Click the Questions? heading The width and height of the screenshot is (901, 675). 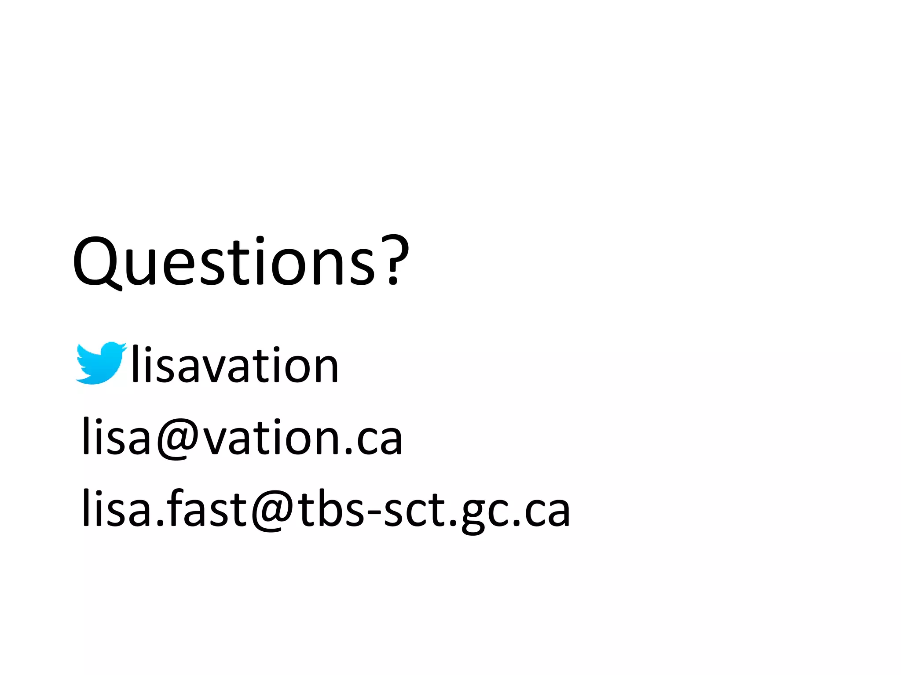[241, 262]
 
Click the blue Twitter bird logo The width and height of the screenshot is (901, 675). [100, 363]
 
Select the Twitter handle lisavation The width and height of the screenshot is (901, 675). [235, 365]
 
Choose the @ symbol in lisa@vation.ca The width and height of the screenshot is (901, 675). [178, 438]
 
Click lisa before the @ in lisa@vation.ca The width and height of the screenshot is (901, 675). [116, 437]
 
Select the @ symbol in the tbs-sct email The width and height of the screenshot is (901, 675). [273, 510]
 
